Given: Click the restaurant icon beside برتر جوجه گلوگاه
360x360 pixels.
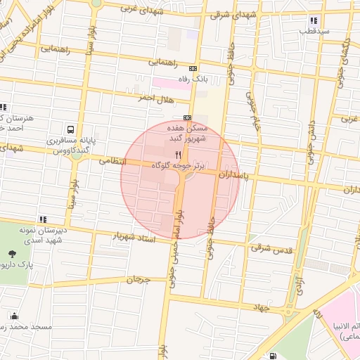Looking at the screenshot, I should coord(178,154).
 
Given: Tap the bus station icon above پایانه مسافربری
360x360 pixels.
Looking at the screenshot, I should coord(71,129).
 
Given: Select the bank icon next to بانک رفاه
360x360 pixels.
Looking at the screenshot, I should coord(193,69).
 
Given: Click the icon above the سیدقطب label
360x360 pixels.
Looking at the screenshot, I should coord(313,20).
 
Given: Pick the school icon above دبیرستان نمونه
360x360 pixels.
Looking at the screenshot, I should coord(44,219).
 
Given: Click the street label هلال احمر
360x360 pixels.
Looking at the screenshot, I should coord(154,98).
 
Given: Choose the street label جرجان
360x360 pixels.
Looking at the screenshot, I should coord(139,279).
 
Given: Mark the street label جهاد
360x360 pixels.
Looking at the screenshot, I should coord(261,307).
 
